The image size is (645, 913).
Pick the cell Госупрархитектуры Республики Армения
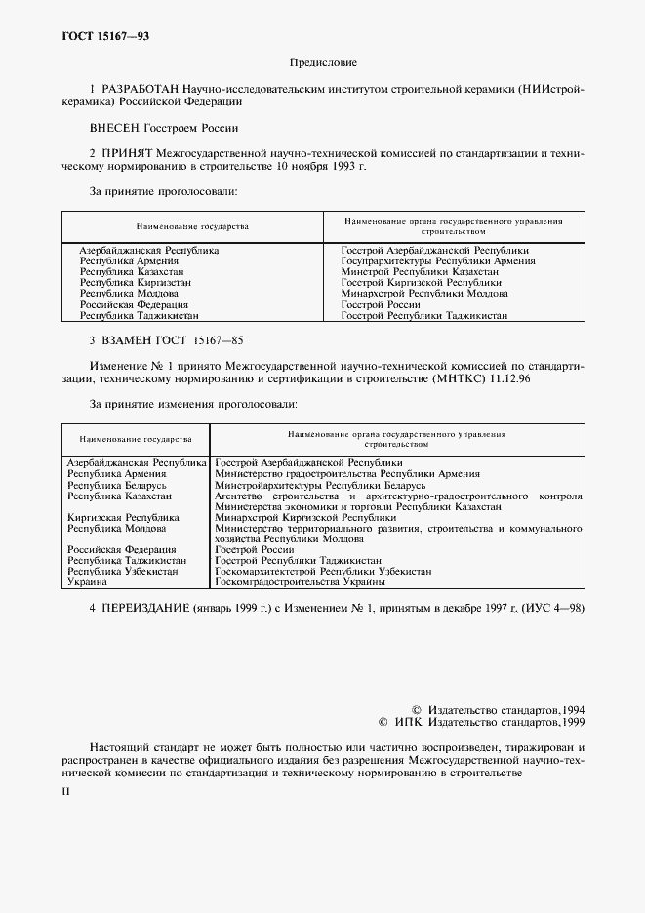click(x=437, y=261)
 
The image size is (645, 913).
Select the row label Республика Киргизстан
click(x=135, y=283)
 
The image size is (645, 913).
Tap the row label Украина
click(x=86, y=582)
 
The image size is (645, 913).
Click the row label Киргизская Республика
click(x=123, y=518)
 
